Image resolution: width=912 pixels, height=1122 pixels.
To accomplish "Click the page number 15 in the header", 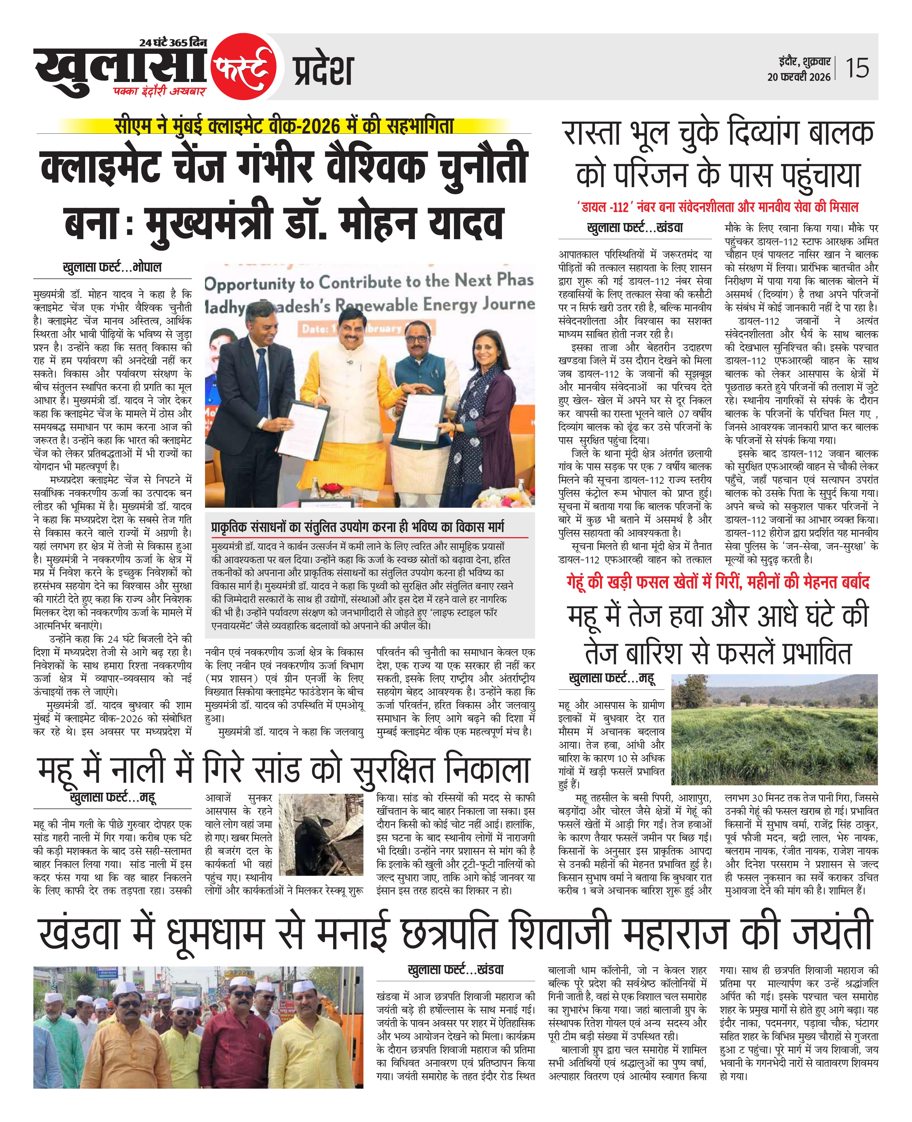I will pyautogui.click(x=857, y=68).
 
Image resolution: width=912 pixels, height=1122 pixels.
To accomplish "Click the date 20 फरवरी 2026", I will pyautogui.click(x=799, y=77).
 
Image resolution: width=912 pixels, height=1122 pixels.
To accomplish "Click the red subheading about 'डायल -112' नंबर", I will pyautogui.click(x=717, y=207).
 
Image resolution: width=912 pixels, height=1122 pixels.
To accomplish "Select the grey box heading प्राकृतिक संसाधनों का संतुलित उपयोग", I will pyautogui.click(x=357, y=527).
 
